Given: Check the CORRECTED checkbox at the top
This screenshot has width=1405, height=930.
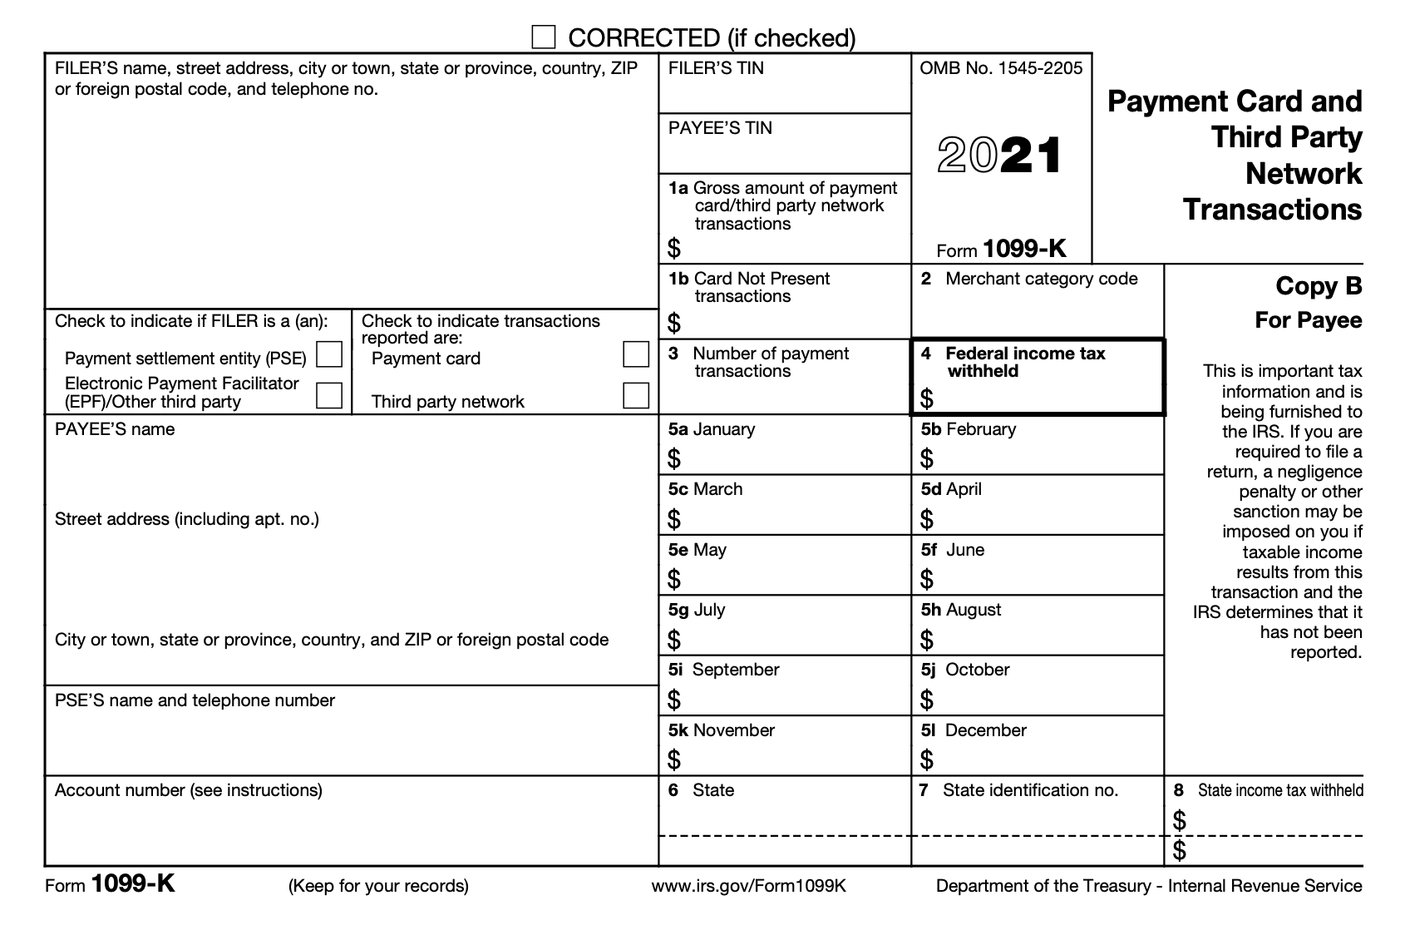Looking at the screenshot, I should [544, 37].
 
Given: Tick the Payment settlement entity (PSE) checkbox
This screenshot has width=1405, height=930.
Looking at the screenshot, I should [330, 355].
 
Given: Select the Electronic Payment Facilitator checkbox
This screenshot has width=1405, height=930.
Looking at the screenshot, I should [330, 395].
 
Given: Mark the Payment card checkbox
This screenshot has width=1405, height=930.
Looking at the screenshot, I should [636, 355].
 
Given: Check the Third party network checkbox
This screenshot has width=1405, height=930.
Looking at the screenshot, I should [636, 395].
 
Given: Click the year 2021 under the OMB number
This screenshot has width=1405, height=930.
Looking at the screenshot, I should [1000, 156].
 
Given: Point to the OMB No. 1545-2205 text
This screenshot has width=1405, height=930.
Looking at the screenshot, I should [1001, 68].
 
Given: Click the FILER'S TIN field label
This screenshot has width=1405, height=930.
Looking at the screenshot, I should [716, 68].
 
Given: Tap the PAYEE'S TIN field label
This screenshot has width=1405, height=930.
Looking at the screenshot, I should [720, 128].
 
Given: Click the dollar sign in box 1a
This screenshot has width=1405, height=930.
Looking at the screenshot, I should [674, 248].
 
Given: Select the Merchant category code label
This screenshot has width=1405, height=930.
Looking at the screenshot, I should [1041, 279].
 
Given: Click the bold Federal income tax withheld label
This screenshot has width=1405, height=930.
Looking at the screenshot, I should [1024, 362].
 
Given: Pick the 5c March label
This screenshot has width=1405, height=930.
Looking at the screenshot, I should [705, 489].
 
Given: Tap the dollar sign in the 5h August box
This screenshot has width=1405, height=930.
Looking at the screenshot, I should [927, 640].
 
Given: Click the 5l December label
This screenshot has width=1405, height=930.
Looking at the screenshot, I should [974, 730].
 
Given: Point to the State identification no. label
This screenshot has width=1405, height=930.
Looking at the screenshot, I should [1030, 790].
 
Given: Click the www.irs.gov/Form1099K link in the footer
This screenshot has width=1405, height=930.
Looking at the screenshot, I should [748, 886].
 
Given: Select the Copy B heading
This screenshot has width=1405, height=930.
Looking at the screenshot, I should [1319, 286].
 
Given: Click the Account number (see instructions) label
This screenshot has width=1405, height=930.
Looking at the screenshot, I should [189, 790].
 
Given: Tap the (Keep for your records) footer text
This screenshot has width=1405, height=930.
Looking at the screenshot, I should [378, 886].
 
